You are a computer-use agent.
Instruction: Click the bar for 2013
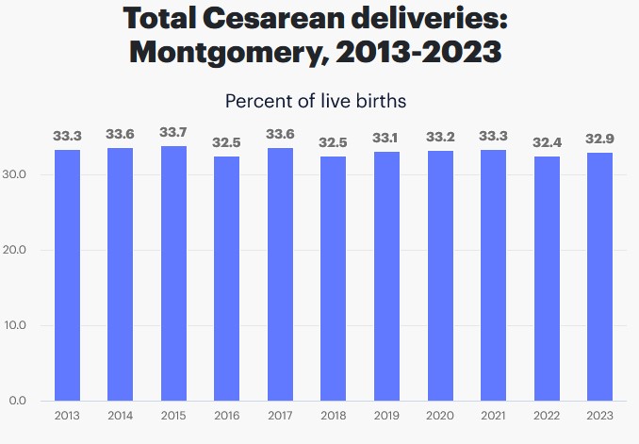coord(67,275)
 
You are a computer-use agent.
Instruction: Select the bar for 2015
coord(173,273)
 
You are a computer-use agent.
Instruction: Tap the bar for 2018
coord(334,278)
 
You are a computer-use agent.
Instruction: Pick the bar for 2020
coord(440,275)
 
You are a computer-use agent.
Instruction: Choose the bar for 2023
coord(600,276)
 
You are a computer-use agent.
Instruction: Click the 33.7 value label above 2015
coord(173,132)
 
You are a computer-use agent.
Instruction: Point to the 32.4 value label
coord(547,141)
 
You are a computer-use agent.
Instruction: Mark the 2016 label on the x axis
coord(227,416)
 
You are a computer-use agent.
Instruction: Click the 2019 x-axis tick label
coord(386,416)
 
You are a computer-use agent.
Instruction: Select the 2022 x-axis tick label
coord(547,416)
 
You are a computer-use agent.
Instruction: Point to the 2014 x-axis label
coord(121,416)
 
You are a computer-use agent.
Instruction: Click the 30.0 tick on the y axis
coord(25,174)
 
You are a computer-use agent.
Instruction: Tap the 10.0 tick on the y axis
coord(25,325)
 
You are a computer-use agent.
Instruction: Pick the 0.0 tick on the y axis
coord(28,401)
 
